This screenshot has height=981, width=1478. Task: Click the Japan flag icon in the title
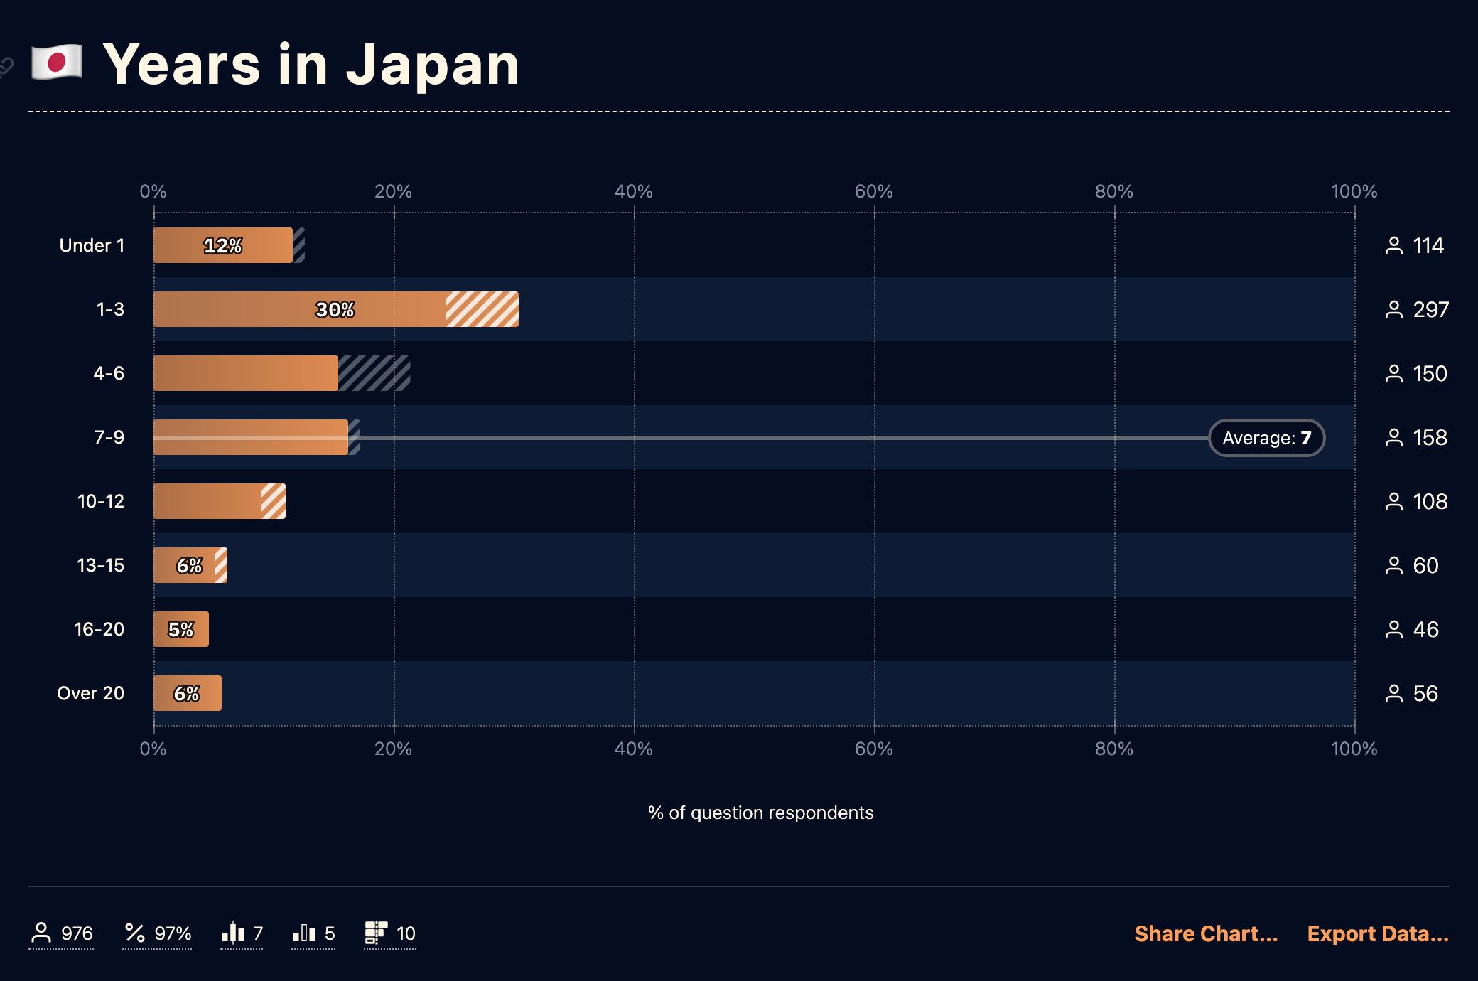click(57, 63)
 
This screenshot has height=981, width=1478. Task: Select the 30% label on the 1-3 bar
click(335, 309)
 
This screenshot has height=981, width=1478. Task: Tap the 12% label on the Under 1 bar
click(222, 245)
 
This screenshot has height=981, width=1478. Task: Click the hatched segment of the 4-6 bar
click(374, 373)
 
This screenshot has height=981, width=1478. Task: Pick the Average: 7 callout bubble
click(1266, 438)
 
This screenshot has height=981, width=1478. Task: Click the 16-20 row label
click(99, 629)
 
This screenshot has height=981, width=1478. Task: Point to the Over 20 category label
click(90, 693)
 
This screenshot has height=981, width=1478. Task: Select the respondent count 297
click(1430, 309)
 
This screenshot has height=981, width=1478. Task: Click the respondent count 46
click(1425, 629)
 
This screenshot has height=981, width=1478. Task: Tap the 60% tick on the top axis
click(873, 191)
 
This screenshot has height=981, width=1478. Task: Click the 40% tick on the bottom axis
click(633, 749)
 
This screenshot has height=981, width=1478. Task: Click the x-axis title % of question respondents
click(760, 813)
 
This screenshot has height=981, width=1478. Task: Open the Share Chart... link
click(1205, 933)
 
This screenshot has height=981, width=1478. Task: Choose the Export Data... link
click(1377, 933)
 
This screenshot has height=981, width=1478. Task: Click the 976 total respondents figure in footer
click(77, 933)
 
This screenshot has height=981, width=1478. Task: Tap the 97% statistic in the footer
click(173, 933)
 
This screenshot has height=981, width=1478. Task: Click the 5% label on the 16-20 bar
click(180, 629)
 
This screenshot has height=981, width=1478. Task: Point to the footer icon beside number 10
click(375, 933)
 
